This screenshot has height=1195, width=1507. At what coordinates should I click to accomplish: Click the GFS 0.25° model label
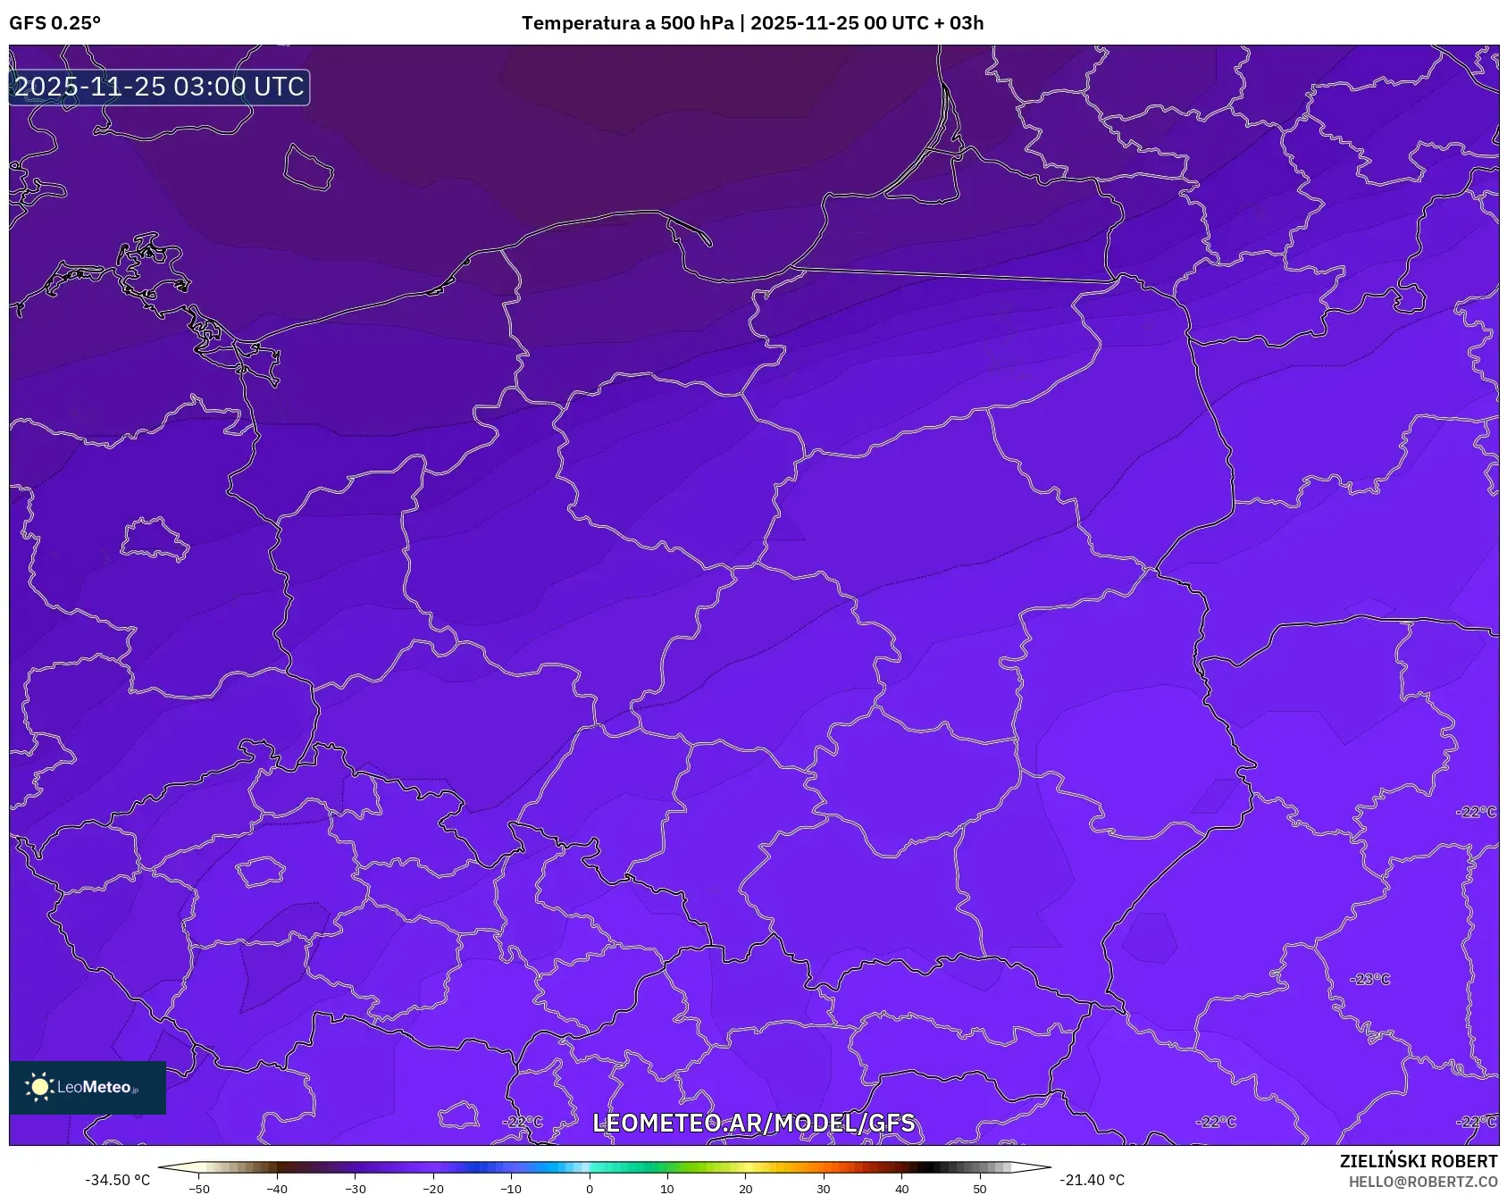click(x=54, y=23)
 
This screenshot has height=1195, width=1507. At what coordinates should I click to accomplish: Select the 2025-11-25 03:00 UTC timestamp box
click(x=159, y=88)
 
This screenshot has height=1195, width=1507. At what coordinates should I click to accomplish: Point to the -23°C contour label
click(x=1370, y=980)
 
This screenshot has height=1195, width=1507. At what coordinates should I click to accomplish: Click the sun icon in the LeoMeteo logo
click(x=39, y=1087)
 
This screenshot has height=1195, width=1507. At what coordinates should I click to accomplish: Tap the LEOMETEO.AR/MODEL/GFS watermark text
click(x=753, y=1124)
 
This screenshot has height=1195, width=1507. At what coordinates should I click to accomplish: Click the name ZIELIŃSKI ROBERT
click(x=1418, y=1161)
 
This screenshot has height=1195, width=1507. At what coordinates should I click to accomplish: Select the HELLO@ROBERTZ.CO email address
click(x=1422, y=1182)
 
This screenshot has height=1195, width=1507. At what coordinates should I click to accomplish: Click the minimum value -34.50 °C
click(x=117, y=1180)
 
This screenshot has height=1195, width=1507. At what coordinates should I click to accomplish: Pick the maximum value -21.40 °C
click(x=1092, y=1180)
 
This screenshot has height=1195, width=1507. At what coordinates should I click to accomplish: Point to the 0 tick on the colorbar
click(x=589, y=1189)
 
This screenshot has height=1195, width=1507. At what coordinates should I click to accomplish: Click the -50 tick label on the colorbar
click(x=199, y=1189)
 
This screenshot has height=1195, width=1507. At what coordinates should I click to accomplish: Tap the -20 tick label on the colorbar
click(x=433, y=1189)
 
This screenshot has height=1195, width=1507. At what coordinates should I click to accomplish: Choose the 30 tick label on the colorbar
click(x=823, y=1189)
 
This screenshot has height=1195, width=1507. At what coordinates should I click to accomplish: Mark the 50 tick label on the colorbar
click(x=979, y=1189)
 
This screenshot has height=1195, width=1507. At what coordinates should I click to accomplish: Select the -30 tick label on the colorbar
click(x=356, y=1189)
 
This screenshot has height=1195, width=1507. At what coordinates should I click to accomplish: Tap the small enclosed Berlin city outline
click(x=155, y=538)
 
